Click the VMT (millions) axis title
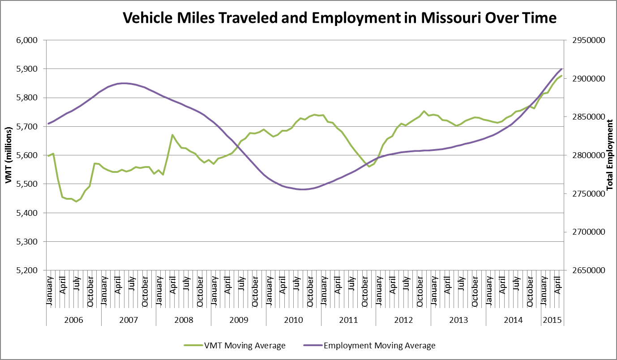tap(9, 155)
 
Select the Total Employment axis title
tap(609, 155)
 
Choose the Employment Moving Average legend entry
tap(369, 345)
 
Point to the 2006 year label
tap(73, 320)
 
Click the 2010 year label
tap(293, 320)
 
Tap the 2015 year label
tap(552, 320)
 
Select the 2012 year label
tap(403, 320)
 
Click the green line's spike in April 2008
tap(172, 135)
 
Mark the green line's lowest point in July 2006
tap(76, 201)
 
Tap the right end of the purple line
tap(562, 69)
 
